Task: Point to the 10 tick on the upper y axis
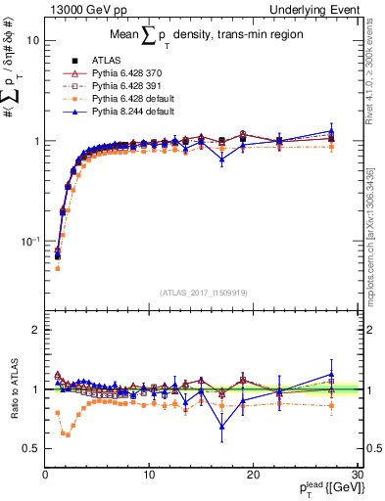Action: pyautogui.click(x=32, y=41)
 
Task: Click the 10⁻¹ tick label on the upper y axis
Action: pyautogui.click(x=28, y=240)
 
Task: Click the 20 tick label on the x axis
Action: pyautogui.click(x=253, y=474)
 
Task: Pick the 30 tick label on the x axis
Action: pyautogui.click(x=356, y=474)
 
